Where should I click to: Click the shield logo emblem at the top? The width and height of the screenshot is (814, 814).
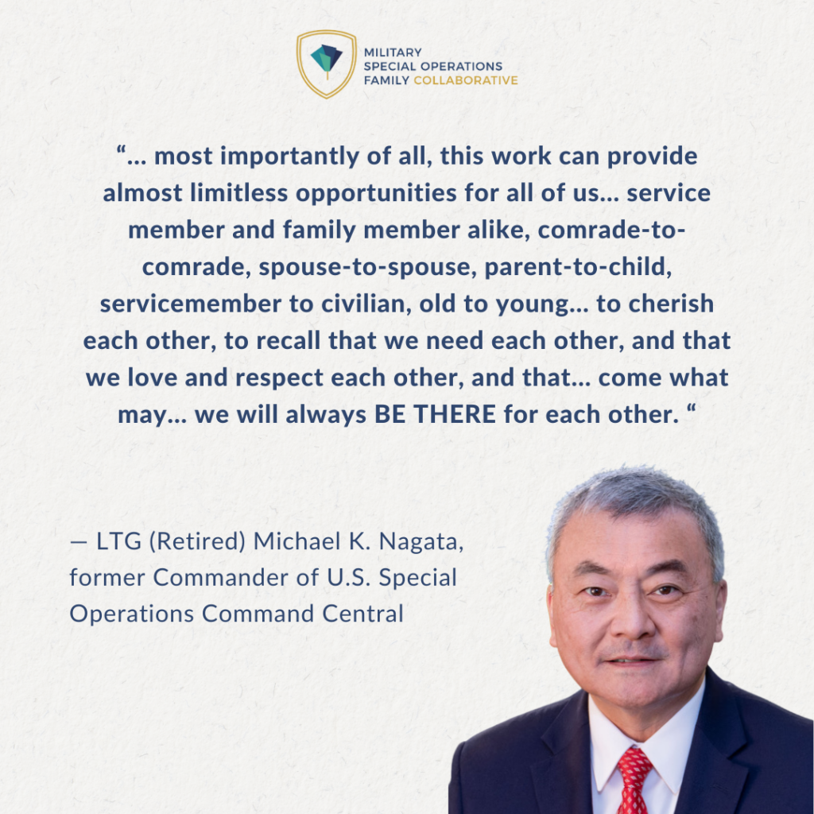[x=327, y=64]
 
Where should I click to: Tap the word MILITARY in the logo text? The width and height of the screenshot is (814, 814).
[x=393, y=52]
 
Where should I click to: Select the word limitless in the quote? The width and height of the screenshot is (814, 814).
[x=238, y=193]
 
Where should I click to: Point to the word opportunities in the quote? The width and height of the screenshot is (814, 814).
[x=376, y=194]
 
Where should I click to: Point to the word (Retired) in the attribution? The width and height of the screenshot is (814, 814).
[x=197, y=541]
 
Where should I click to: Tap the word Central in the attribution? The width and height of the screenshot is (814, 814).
[x=362, y=614]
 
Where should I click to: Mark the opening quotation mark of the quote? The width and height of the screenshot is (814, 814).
[x=122, y=151]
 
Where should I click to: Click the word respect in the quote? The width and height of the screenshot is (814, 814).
[x=279, y=378]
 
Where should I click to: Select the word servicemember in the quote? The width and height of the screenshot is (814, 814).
[x=191, y=304]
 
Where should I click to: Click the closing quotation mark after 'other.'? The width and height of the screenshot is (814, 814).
[x=691, y=409]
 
